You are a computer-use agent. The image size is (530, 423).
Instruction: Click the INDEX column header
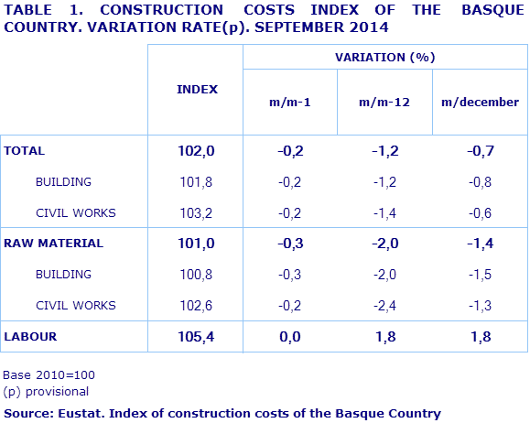197,89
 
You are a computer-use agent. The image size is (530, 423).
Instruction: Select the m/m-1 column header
290,103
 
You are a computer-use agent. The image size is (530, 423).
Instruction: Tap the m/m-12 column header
384,103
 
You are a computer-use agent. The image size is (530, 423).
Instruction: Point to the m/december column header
480,103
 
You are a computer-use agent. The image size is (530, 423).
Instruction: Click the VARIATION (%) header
384,57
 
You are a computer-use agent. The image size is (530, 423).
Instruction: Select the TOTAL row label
25,151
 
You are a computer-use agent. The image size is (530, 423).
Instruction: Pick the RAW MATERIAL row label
54,244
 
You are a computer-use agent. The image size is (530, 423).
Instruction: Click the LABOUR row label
30,336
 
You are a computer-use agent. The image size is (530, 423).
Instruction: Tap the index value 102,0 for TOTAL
196,151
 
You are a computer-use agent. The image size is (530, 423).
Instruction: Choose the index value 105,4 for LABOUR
196,337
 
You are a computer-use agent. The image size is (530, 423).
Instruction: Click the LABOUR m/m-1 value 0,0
290,337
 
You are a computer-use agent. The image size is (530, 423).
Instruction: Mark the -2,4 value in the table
384,305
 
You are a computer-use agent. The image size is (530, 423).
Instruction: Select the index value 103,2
196,213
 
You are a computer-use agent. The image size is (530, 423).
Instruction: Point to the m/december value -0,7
479,151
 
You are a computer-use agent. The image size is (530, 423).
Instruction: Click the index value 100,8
196,275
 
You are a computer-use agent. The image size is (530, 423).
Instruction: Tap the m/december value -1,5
479,275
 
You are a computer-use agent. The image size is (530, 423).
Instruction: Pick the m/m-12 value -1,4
384,213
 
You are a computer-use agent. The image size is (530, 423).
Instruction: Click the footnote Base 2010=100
49,374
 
